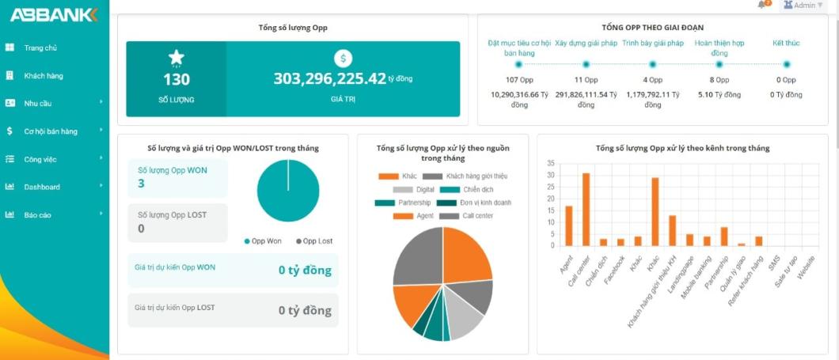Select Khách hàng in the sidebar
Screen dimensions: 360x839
coord(43,76)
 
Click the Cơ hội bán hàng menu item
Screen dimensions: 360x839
coord(50,131)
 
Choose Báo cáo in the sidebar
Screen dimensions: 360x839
coord(37,214)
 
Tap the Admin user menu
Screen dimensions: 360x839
coord(803,6)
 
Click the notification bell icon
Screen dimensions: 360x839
coord(762,5)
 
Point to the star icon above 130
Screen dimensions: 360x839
coord(177,58)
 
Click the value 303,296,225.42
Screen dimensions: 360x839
coord(329,78)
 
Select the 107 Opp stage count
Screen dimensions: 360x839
coord(519,80)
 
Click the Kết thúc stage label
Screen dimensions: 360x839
coord(786,44)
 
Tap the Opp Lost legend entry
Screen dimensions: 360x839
coord(314,241)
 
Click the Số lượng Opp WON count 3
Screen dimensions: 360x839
coord(142,184)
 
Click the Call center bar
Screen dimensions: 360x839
coord(586,210)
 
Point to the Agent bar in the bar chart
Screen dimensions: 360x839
coord(568,225)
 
